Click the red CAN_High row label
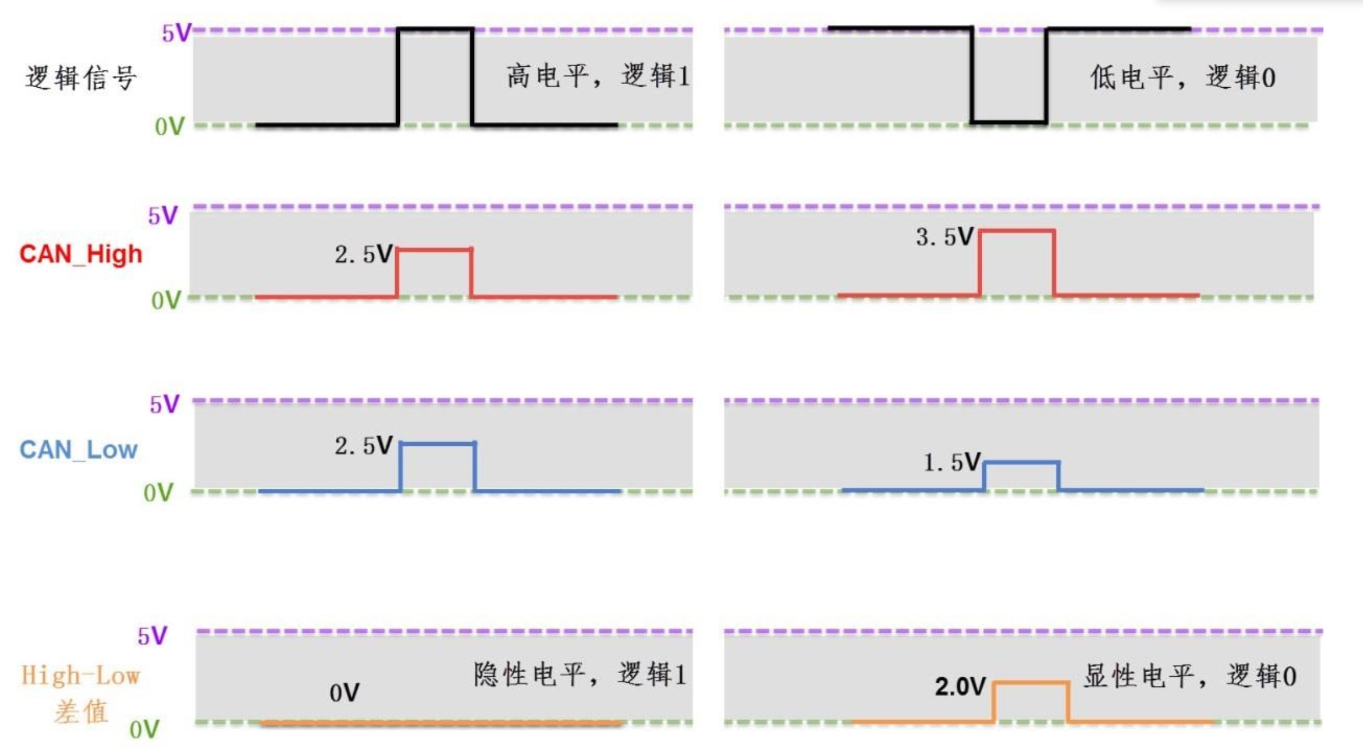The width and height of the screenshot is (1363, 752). point(81,254)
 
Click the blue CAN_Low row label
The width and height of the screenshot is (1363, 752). point(79,449)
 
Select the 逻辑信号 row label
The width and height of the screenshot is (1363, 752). point(81,78)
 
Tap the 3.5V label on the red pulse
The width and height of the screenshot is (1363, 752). point(945,237)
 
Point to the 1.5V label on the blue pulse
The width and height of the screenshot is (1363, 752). point(952,462)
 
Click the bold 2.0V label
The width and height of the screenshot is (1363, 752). point(960,686)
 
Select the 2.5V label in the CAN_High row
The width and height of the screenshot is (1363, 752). point(363,254)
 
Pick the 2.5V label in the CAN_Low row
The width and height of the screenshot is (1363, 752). point(363,445)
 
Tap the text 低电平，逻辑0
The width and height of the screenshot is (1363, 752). point(1183,78)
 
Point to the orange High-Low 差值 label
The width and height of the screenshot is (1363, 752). point(81,694)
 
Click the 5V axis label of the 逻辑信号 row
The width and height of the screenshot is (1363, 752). point(176,33)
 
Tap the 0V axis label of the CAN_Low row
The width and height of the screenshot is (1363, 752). point(158,493)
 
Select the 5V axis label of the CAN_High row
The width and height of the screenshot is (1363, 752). point(163,215)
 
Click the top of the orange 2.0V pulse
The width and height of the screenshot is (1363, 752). point(1031,682)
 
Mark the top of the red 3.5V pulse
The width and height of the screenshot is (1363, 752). point(1017,230)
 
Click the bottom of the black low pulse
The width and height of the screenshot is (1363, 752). point(1009,122)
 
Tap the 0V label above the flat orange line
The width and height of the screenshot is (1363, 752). point(344,693)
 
